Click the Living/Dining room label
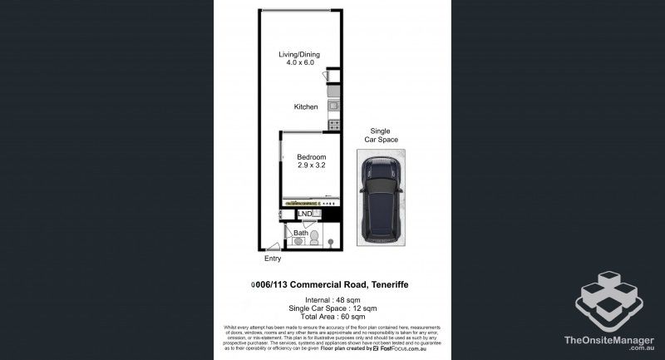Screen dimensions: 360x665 (x=299, y=55)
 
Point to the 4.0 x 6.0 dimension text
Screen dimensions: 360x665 (x=299, y=63)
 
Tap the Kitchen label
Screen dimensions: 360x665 (x=305, y=107)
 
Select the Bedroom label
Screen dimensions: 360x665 (x=312, y=157)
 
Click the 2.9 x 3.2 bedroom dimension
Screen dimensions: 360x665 (x=312, y=165)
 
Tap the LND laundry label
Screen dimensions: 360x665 (x=304, y=214)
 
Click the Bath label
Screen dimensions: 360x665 (x=300, y=234)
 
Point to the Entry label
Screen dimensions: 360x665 (x=273, y=259)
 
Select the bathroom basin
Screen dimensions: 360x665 (x=299, y=242)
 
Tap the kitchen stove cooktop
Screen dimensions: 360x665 (x=333, y=125)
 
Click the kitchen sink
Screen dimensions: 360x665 (x=332, y=106)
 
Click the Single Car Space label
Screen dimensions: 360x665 (x=380, y=136)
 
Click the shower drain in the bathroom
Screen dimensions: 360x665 (x=331, y=243)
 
